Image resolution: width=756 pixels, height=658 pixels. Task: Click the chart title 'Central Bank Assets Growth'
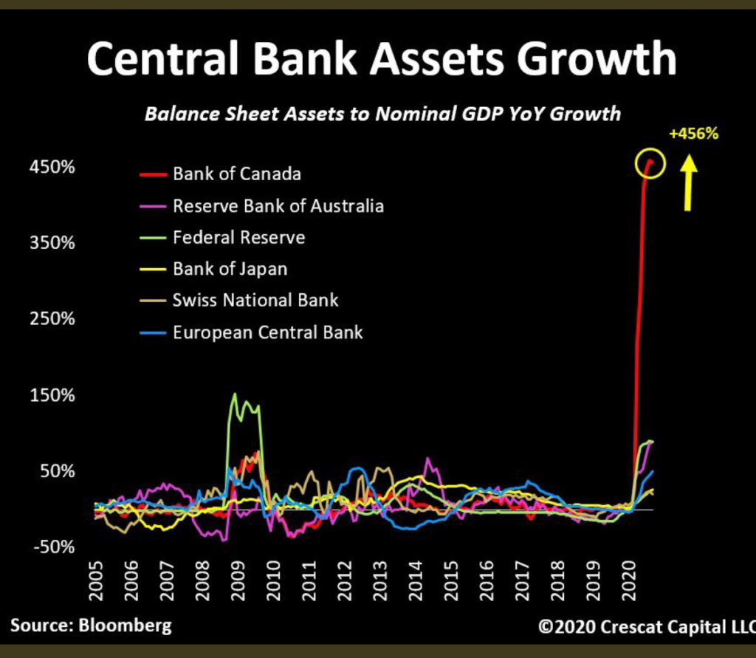tap(382, 58)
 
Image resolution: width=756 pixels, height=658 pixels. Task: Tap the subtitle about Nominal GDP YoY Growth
tap(383, 114)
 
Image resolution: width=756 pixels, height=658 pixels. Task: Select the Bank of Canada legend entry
tap(220, 174)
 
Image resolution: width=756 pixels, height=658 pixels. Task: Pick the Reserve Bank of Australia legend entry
tap(262, 206)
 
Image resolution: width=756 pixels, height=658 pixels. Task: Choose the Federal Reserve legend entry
tap(222, 237)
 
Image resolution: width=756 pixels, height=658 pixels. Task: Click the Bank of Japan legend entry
tap(213, 269)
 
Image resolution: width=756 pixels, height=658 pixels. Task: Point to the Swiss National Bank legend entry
tap(239, 301)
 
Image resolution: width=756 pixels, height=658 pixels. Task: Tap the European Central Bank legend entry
tap(251, 332)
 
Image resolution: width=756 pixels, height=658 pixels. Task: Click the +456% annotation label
tap(694, 134)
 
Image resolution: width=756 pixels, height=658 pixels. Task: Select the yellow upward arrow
tap(689, 183)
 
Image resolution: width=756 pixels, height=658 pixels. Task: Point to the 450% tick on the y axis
tap(52, 167)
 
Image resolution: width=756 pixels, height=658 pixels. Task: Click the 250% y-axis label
tap(52, 319)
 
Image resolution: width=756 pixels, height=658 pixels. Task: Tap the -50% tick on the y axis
tap(54, 547)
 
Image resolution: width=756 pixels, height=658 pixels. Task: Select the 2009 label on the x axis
tap(238, 580)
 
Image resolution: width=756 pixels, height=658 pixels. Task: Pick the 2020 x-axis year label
tap(629, 580)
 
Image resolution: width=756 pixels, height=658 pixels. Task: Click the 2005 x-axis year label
tap(96, 580)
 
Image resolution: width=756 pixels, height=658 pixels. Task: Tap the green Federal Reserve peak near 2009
tap(235, 394)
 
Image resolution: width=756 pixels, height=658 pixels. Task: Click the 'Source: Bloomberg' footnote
tap(91, 626)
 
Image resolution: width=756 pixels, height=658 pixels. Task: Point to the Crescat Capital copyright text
tap(647, 627)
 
